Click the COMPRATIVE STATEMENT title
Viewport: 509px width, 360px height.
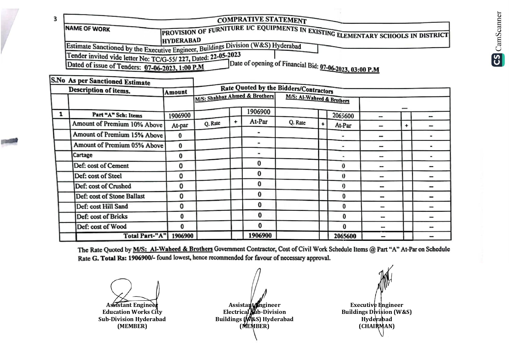[262, 20]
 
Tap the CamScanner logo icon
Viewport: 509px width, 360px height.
[498, 60]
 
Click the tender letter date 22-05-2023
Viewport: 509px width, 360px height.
[225, 55]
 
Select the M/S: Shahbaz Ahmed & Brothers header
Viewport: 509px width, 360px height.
[234, 97]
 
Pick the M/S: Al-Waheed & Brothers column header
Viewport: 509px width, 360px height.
[317, 99]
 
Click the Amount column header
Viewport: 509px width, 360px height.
[176, 92]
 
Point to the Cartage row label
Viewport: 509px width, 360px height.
[83, 155]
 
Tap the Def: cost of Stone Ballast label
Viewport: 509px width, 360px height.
[110, 196]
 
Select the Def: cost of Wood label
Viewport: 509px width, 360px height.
[102, 227]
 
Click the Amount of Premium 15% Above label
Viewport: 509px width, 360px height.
[118, 135]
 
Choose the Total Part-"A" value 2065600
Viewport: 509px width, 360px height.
[345, 236]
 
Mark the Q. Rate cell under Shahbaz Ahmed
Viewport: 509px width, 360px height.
[212, 123]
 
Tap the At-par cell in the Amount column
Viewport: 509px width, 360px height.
[180, 125]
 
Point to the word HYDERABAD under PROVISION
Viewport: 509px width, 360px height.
[181, 40]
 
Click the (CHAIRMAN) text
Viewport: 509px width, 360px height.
[376, 326]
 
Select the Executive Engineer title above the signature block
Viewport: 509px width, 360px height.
[376, 305]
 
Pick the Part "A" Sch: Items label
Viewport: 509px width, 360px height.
[117, 115]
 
